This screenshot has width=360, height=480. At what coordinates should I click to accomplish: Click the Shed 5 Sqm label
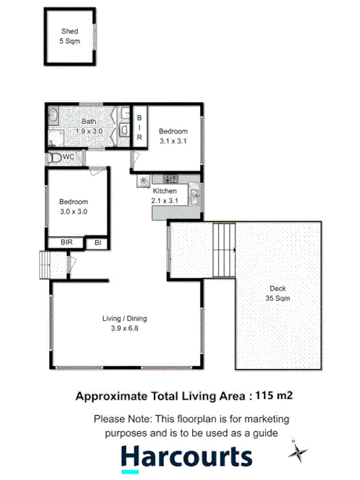pyautogui.click(x=69, y=37)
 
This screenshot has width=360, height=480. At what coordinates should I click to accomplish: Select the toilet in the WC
pyautogui.click(x=55, y=156)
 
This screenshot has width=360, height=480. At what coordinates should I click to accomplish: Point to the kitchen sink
pyautogui.click(x=194, y=193)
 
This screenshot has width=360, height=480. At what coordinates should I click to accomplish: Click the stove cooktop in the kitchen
pyautogui.click(x=169, y=179)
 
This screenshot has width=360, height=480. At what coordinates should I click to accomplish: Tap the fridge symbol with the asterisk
pyautogui.click(x=143, y=180)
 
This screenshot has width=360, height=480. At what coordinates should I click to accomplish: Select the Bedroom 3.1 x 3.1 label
pyautogui.click(x=173, y=136)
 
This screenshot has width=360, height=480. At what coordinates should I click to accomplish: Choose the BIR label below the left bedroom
pyautogui.click(x=66, y=243)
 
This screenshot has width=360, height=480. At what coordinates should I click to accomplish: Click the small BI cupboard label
pyautogui.click(x=97, y=243)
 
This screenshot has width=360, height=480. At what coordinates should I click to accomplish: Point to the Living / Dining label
pyautogui.click(x=124, y=323)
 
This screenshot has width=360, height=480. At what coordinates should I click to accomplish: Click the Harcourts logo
pyautogui.click(x=186, y=457)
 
